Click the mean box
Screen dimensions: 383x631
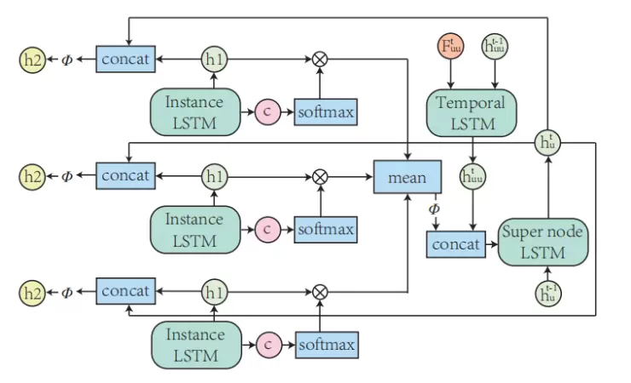click(407, 177)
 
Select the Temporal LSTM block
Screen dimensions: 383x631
click(471, 112)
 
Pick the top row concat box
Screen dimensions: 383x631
click(125, 59)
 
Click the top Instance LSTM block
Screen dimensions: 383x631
click(194, 112)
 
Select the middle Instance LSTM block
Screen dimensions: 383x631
click(194, 229)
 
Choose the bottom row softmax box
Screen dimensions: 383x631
click(326, 345)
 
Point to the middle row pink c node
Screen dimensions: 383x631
click(267, 229)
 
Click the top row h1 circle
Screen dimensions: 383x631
click(213, 59)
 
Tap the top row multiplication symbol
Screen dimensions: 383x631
click(321, 59)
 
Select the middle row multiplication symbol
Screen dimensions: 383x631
click(321, 176)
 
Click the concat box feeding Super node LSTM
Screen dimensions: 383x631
click(454, 244)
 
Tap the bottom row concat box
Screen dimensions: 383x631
click(125, 291)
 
